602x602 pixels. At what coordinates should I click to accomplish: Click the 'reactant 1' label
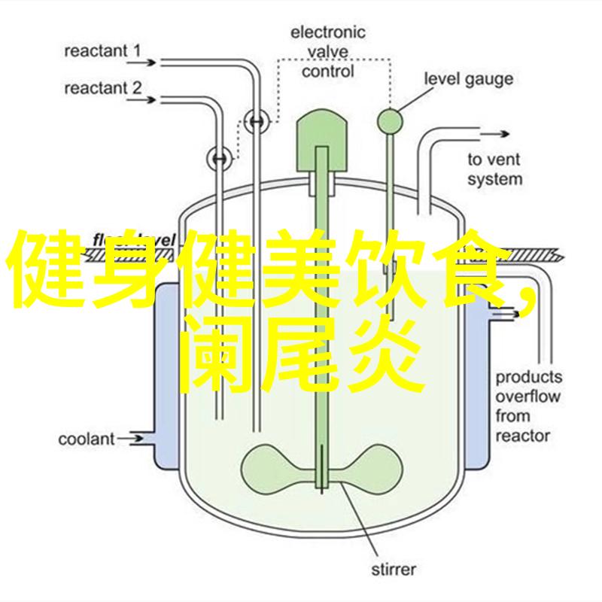click(x=102, y=52)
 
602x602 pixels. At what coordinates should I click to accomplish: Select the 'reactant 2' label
click(x=102, y=88)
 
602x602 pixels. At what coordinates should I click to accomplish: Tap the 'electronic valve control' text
click(x=327, y=51)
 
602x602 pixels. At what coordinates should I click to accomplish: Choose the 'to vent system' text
click(x=494, y=169)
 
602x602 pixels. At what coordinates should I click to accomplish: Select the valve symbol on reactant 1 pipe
click(x=258, y=120)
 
